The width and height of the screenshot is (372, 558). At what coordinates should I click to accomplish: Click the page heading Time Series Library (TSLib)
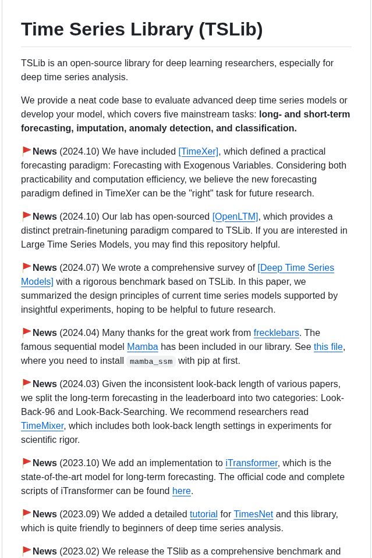coord(141,30)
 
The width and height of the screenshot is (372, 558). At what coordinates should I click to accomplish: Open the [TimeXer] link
coord(198,152)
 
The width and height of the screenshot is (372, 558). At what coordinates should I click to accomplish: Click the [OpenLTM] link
coord(235,217)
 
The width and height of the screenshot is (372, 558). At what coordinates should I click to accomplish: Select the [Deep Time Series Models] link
coord(296,268)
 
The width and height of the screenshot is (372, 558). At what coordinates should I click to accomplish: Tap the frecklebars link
coord(276,333)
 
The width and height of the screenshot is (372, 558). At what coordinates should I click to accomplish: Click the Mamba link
coord(143,347)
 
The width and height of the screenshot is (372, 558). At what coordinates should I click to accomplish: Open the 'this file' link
coord(328,347)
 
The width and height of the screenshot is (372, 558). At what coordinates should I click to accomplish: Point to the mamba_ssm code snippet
coord(151,362)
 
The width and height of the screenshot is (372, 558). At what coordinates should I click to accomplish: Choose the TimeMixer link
coord(42,426)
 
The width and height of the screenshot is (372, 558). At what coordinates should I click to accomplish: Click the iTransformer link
coord(251,463)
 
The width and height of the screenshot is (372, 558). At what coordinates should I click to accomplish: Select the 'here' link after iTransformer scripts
coord(181,491)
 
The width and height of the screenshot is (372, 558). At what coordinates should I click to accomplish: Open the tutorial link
coord(203,514)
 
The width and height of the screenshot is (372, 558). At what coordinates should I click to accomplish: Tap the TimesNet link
coord(253,514)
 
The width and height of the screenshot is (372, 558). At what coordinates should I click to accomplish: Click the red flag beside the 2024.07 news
coord(27,267)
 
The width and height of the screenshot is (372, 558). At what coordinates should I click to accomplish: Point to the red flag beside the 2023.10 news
coord(27,463)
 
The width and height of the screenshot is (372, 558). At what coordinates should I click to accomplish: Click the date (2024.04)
coord(79,333)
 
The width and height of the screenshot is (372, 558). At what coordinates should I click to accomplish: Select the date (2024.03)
coord(79,384)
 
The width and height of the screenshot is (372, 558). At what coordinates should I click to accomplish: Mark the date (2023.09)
coord(79,514)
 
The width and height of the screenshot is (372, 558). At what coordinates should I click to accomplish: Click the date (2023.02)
coord(79,552)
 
